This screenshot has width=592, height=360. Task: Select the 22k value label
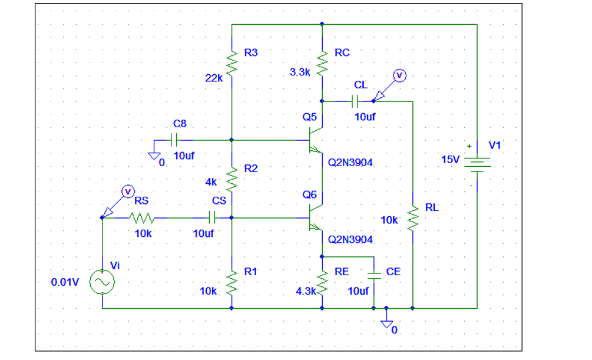tap(213, 77)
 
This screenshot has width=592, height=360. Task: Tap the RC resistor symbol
tap(322, 64)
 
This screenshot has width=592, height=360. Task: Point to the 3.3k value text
tap(300, 72)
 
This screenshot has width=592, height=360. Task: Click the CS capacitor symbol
tap(213, 217)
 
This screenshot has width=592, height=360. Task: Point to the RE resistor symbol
tap(322, 283)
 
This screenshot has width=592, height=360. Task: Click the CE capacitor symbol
tap(373, 275)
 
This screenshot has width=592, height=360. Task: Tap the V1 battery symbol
tap(477, 162)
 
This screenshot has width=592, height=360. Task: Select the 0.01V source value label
tap(65, 282)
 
